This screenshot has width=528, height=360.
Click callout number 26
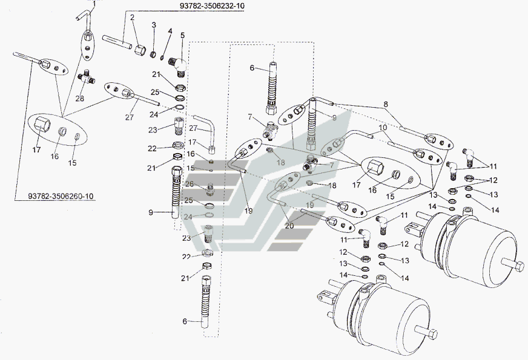(189, 185)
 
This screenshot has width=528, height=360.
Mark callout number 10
(383, 128)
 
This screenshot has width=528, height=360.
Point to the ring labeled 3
(154, 54)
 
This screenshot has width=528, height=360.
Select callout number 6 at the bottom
(185, 322)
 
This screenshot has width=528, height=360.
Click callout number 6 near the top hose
(252, 69)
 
